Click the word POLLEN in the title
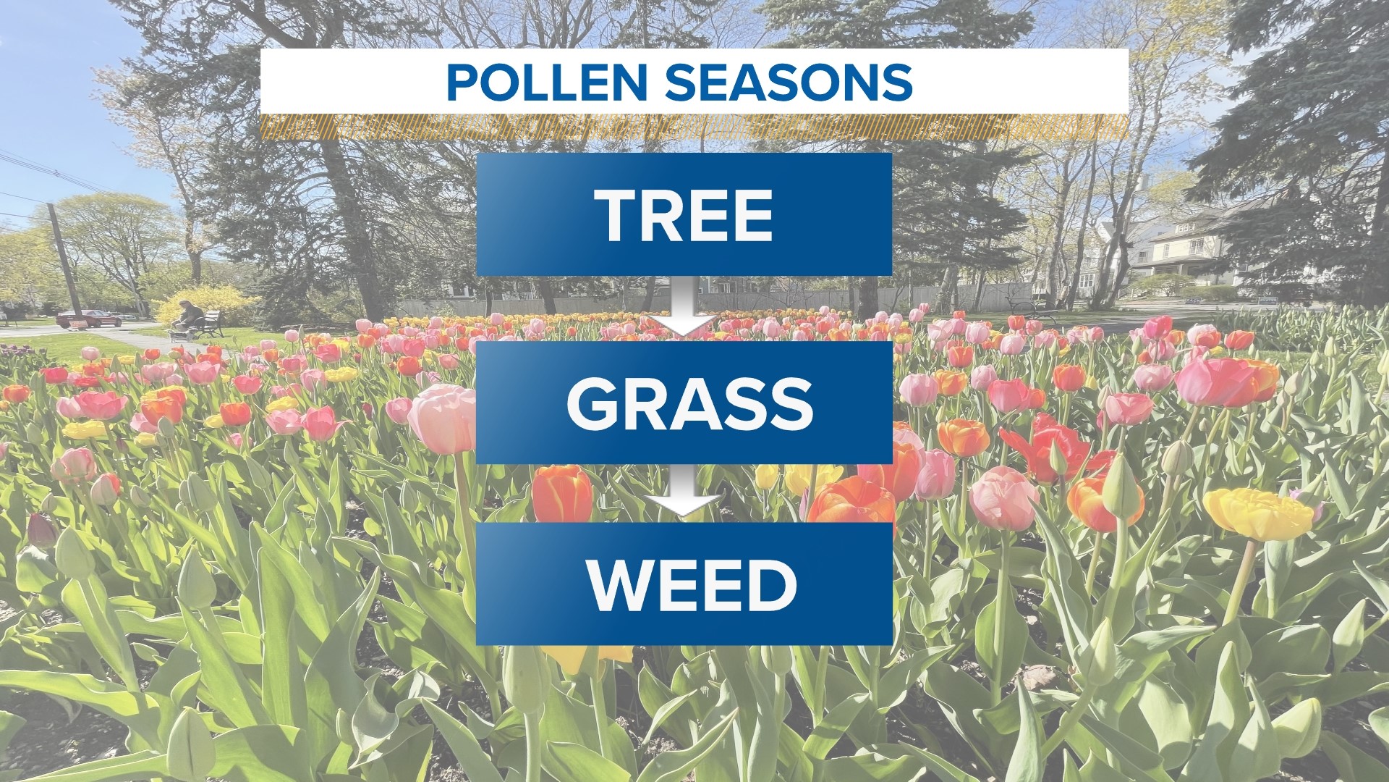click(x=546, y=82)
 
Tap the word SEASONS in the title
click(x=789, y=82)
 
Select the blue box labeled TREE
click(x=684, y=214)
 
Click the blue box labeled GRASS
click(x=684, y=403)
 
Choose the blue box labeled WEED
click(x=684, y=584)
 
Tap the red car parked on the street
click(x=88, y=318)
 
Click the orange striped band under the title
click(x=694, y=127)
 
